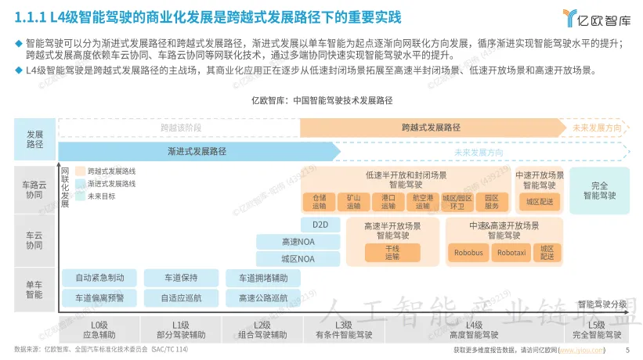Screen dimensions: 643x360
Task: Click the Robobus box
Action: (x=468, y=252)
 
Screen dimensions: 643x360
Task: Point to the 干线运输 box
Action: (x=392, y=252)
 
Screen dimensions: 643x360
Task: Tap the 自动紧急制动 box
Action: (x=99, y=278)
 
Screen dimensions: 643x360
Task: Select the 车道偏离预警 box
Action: (x=99, y=297)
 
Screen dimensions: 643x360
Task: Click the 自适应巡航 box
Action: (x=181, y=297)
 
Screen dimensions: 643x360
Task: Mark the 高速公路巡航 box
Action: (x=262, y=297)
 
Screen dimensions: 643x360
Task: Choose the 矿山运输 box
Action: (x=353, y=202)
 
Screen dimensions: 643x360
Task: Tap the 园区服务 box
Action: (x=491, y=202)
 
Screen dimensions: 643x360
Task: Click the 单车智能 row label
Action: (x=34, y=290)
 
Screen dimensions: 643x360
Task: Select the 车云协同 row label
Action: (x=34, y=239)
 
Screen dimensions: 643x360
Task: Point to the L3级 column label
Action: (x=343, y=329)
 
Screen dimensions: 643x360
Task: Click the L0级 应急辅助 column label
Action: (x=99, y=329)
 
